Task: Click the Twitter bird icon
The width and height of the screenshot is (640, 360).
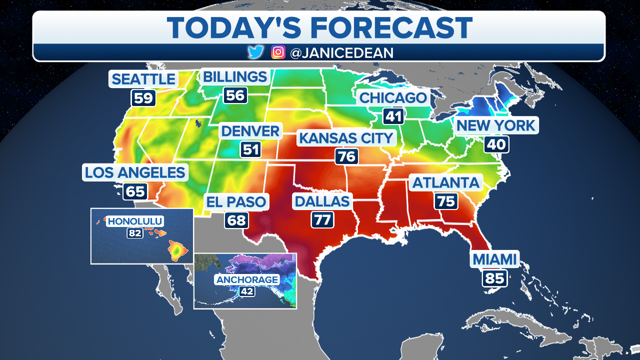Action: coord(256,52)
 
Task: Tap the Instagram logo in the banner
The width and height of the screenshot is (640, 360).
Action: coord(278,52)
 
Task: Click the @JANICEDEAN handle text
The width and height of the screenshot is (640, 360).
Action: coord(341,52)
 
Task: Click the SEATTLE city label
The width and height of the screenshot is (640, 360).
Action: coord(143,79)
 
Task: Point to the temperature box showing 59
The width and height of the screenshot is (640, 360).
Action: coord(143,97)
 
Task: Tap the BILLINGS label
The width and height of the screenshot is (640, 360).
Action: coord(235,77)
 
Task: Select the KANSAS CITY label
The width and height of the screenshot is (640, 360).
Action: coord(346,138)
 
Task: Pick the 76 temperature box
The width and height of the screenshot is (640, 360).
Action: coord(346,157)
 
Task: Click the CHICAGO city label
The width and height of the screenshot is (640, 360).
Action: coord(393,97)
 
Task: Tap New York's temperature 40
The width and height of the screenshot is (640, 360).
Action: coord(496,145)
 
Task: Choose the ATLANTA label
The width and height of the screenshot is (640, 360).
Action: coord(445,183)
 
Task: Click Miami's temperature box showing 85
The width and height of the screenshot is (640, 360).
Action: coord(495,278)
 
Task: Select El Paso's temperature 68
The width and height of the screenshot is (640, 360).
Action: coord(236,220)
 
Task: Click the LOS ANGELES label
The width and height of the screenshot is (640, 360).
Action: coord(135,173)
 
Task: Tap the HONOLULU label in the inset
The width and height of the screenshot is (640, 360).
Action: coord(135,221)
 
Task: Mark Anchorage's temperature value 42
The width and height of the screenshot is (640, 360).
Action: coord(246,291)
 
